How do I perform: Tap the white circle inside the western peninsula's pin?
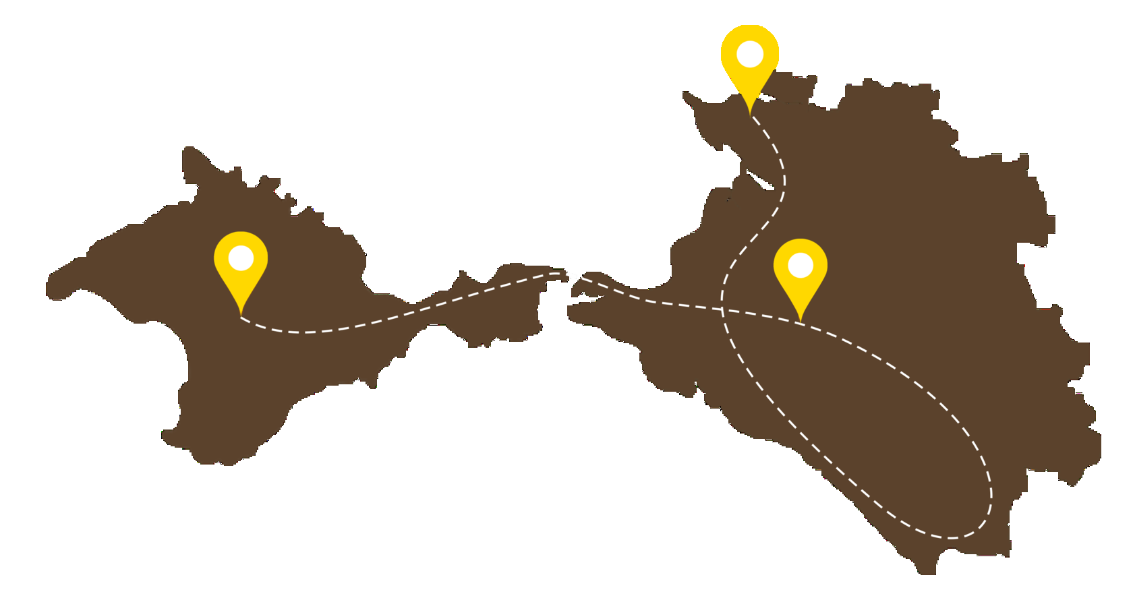[241, 258]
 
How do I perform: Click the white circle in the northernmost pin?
[750, 54]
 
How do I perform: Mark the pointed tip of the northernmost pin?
[750, 115]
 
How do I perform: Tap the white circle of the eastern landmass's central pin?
[800, 265]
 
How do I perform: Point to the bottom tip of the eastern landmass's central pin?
[800, 322]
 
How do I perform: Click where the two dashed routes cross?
[723, 310]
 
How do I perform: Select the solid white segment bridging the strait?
[571, 275]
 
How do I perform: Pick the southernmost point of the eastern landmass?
[927, 573]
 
